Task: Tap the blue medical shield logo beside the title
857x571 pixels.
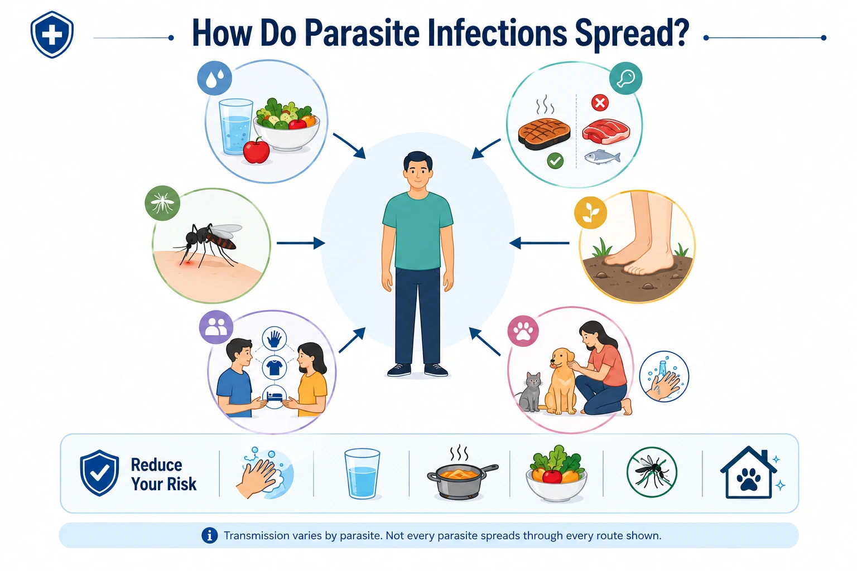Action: pos(52,35)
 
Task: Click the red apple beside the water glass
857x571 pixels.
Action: pos(256,151)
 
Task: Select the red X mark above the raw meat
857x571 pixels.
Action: pos(600,103)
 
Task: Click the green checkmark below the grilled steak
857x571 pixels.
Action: pos(555,161)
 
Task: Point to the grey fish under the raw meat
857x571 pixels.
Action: pos(602,157)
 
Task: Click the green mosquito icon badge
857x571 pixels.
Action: pos(162,203)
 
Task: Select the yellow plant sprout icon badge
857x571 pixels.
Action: pos(590,212)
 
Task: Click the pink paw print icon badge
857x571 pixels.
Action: pos(523,331)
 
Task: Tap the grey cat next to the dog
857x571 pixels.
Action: pos(529,391)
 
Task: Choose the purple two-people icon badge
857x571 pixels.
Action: pos(216,327)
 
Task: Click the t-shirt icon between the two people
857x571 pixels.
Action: pos(275,367)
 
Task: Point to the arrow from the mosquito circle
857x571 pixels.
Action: pos(301,243)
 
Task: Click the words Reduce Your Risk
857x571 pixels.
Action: pos(163,474)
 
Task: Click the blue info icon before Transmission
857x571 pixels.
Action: pos(209,535)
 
